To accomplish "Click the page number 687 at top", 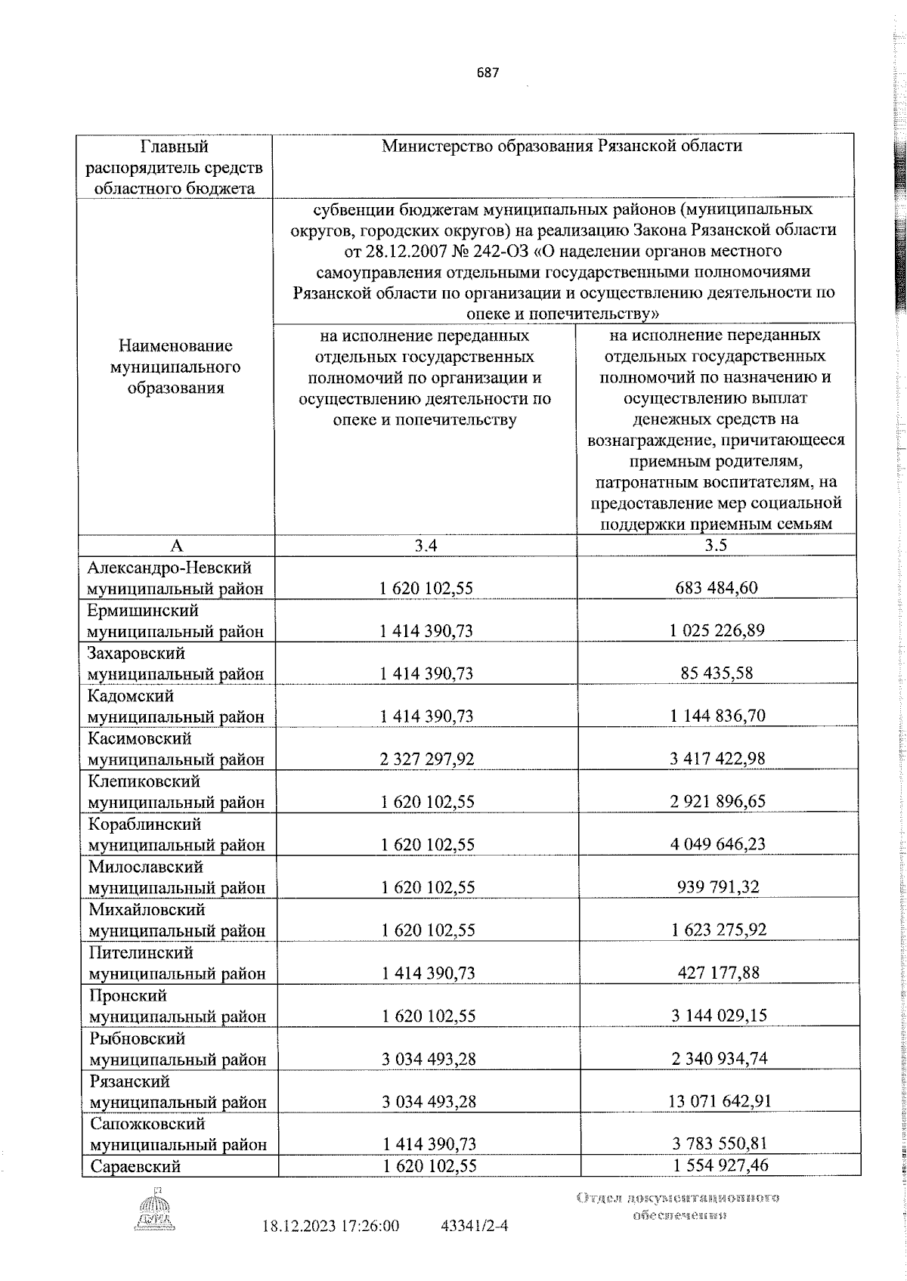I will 488,73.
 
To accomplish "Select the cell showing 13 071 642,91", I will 719,1101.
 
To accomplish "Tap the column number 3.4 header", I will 426,546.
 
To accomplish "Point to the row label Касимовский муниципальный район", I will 176,749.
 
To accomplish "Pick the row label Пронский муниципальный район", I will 177,1006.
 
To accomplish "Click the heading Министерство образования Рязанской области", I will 562,146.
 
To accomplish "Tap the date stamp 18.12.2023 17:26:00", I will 330,1226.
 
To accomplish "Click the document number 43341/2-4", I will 474,1226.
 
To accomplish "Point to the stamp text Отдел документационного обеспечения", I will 678,1206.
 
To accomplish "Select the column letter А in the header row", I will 177,546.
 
